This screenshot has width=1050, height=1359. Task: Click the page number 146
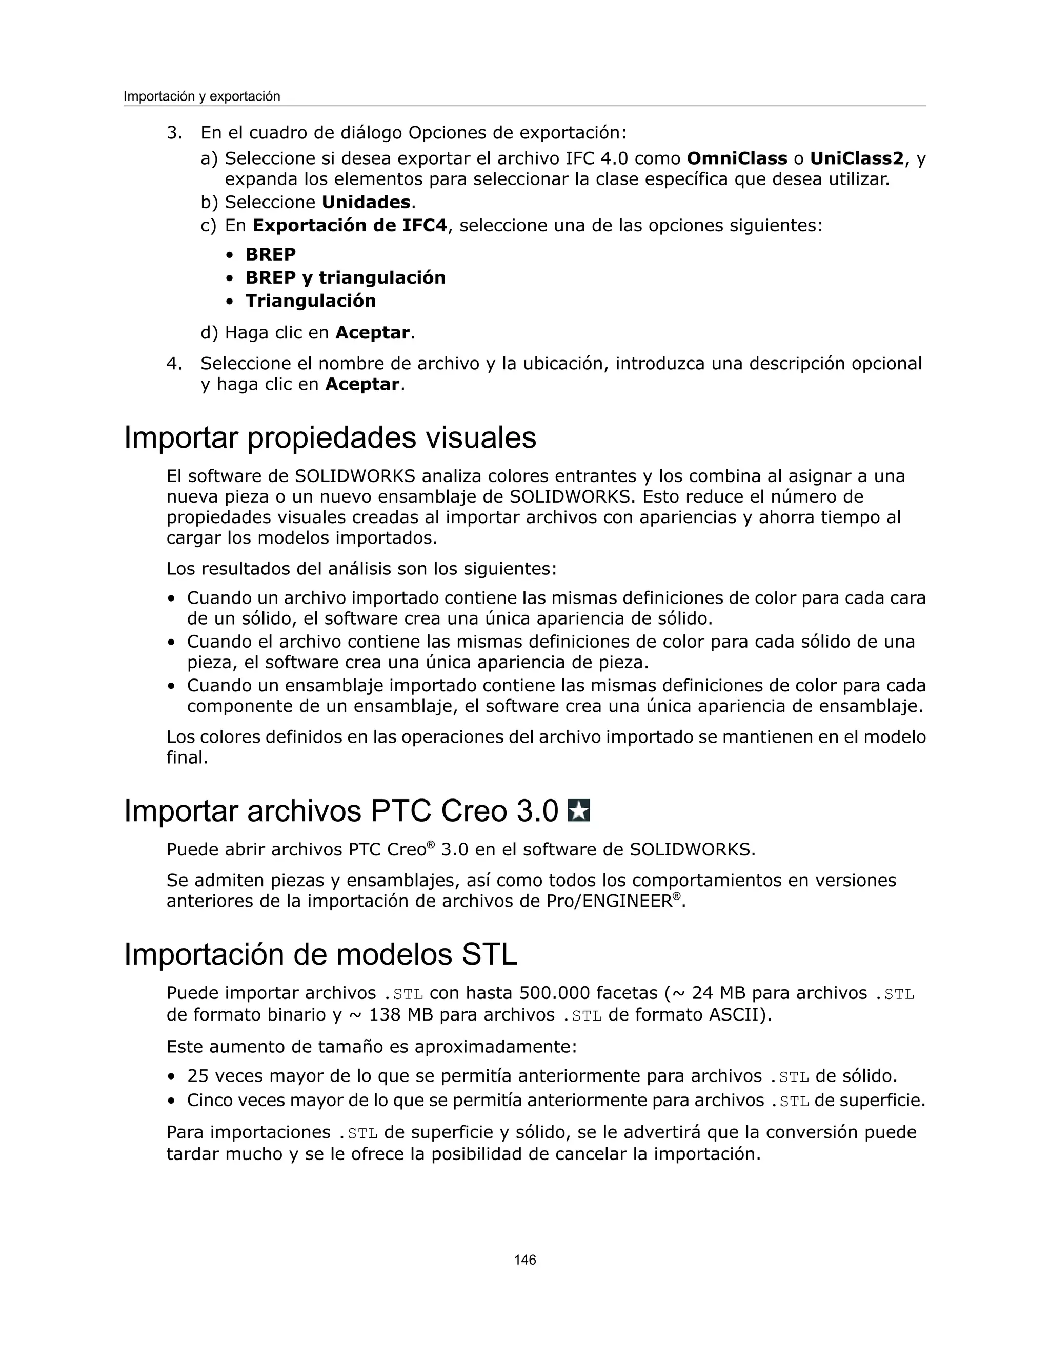click(524, 1260)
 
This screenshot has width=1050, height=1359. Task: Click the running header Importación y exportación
click(201, 96)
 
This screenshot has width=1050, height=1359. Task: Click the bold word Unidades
click(366, 202)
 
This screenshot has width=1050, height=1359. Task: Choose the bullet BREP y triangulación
click(345, 277)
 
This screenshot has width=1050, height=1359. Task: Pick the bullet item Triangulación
click(310, 301)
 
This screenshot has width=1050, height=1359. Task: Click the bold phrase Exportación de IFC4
click(350, 225)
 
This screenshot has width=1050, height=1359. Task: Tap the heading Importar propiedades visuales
click(330, 437)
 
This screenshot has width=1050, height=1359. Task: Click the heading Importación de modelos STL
click(320, 954)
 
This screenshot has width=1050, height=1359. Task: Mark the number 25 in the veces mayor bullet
click(198, 1076)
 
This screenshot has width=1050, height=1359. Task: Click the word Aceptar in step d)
click(372, 333)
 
